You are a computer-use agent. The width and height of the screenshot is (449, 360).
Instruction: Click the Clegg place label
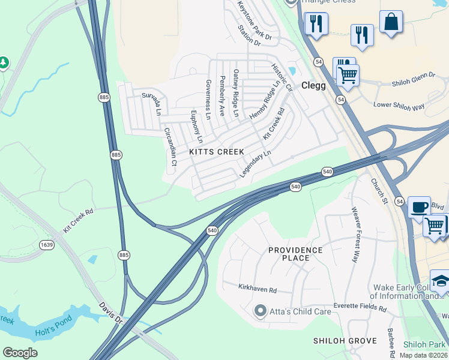point(313,85)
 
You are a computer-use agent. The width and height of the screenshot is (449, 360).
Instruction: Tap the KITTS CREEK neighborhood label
point(217,152)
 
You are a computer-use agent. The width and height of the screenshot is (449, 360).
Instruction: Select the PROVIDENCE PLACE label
point(295,254)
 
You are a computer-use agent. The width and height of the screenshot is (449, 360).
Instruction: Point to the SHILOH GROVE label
point(345,341)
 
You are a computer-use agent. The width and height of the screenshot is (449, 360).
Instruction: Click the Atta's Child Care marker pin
point(260,310)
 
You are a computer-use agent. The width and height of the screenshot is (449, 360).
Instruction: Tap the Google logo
point(20,353)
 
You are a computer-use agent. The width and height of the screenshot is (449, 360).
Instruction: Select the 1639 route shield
point(47,244)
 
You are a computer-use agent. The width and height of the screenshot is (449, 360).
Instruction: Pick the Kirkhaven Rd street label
point(257,290)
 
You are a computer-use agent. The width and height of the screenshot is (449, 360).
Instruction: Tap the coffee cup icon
point(419,207)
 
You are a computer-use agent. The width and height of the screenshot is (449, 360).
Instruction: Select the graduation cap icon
point(441,281)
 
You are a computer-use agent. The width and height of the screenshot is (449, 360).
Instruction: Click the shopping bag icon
point(391,22)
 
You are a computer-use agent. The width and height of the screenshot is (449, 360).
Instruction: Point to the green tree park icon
point(4,62)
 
